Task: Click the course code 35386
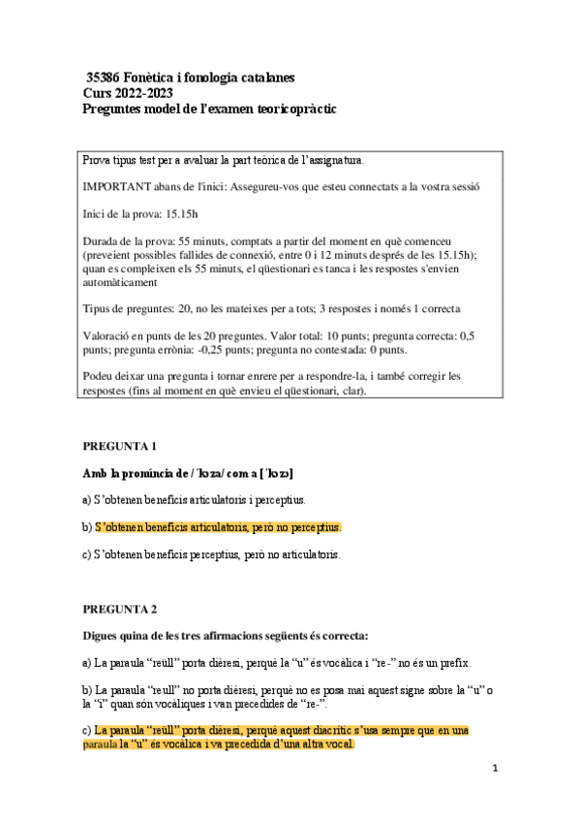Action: (x=104, y=76)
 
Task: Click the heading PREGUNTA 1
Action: (x=120, y=446)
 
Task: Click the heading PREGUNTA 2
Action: (x=120, y=610)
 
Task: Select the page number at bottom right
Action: (x=494, y=769)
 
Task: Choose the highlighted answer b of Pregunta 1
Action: (x=218, y=527)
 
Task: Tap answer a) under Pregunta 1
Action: (x=194, y=500)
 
